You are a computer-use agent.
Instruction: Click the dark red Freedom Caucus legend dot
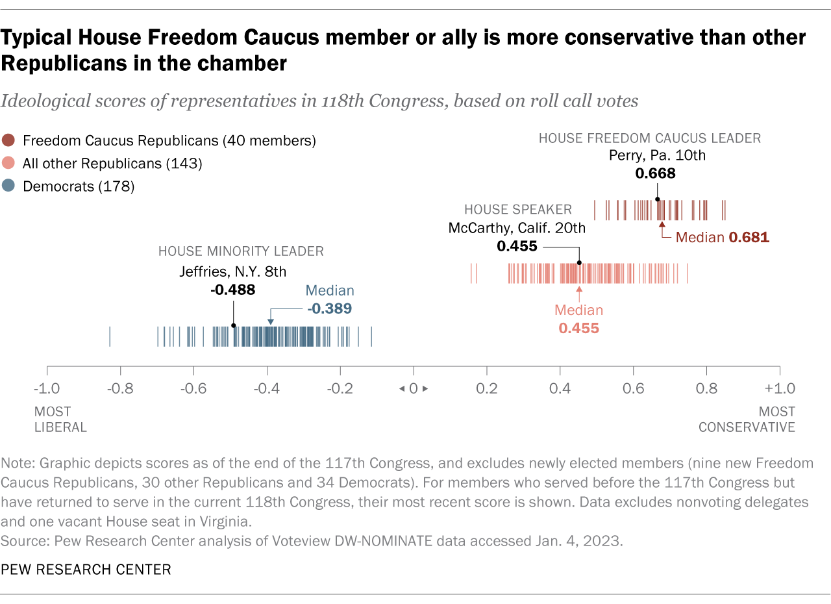(8, 140)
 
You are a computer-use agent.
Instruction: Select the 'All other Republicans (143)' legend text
(112, 164)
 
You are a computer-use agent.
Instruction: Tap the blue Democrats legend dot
(8, 187)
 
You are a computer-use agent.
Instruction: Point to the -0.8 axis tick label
(120, 389)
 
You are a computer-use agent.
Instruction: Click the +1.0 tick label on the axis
(778, 389)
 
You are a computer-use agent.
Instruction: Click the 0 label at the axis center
(413, 389)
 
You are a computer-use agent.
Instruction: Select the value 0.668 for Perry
(656, 173)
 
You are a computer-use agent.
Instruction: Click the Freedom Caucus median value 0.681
(749, 238)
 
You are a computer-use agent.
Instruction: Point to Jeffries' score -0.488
(232, 290)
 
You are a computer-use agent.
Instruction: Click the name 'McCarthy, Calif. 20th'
(517, 228)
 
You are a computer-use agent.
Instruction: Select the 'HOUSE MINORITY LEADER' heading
(241, 251)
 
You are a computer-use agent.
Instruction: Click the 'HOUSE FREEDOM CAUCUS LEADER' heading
(650, 138)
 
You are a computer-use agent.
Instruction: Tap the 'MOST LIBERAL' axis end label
(60, 419)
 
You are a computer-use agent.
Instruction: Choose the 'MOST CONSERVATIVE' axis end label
(747, 419)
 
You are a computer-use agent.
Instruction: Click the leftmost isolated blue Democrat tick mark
(110, 336)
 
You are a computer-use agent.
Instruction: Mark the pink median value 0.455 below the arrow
(578, 329)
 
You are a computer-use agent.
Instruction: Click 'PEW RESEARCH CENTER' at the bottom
(86, 570)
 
